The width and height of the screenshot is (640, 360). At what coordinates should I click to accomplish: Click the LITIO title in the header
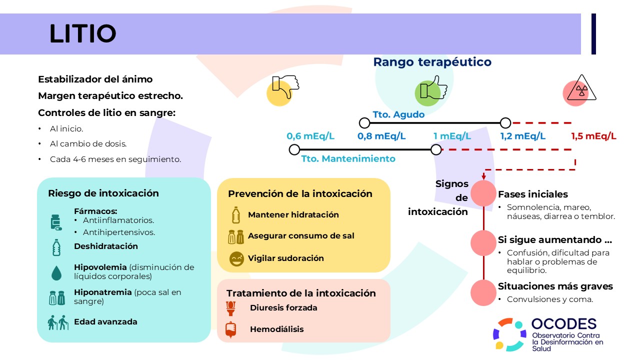(83, 33)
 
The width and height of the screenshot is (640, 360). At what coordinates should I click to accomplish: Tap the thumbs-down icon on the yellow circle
(285, 86)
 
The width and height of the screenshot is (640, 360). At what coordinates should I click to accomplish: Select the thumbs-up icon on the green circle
(433, 87)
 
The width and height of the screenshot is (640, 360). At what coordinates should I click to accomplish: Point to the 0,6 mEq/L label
(310, 136)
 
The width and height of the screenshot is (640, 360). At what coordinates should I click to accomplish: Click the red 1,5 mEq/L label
(593, 136)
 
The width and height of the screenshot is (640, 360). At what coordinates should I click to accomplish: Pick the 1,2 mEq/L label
(523, 136)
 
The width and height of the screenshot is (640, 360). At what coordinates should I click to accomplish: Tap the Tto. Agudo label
(398, 114)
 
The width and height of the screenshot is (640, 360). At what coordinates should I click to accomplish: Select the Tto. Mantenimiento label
(348, 158)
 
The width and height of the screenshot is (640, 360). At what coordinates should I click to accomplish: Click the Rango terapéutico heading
(432, 62)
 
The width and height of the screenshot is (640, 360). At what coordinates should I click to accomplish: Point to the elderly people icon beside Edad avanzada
(58, 322)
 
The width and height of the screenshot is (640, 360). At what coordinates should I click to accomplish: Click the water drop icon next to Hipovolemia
(56, 273)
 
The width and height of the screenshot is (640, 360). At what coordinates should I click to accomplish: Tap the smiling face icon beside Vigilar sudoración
(236, 259)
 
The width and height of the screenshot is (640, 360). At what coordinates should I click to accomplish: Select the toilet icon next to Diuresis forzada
(230, 308)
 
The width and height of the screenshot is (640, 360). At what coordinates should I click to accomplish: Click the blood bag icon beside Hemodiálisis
(230, 329)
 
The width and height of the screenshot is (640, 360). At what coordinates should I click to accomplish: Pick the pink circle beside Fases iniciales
(483, 193)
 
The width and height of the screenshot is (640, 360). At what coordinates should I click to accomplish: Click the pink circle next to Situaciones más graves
(483, 293)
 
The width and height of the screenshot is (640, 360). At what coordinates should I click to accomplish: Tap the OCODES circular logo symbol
(509, 334)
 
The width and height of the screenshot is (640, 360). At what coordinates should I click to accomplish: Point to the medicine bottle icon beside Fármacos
(56, 222)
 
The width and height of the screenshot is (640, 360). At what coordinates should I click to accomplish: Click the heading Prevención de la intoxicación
(300, 193)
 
